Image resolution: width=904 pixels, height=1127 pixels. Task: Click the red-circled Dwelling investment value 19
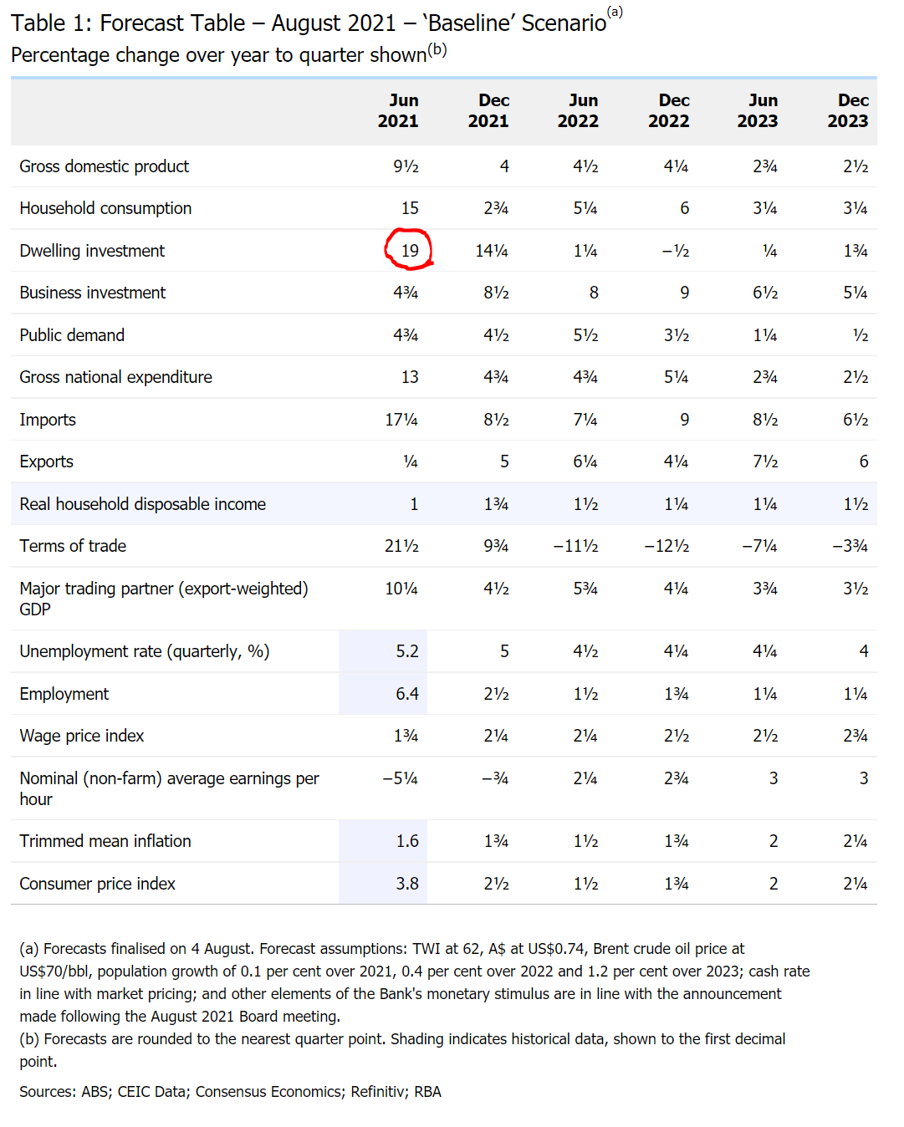click(x=409, y=251)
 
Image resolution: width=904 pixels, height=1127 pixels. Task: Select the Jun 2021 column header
click(x=398, y=110)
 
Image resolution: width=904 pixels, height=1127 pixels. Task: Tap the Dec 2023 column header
click(x=848, y=110)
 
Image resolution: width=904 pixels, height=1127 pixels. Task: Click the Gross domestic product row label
click(x=105, y=166)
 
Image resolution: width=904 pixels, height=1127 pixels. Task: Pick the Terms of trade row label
click(x=73, y=546)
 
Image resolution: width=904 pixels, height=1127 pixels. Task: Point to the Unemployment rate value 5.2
click(x=407, y=651)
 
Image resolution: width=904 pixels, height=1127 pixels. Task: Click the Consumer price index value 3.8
click(x=407, y=884)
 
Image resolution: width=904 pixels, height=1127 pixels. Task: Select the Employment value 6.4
click(x=407, y=694)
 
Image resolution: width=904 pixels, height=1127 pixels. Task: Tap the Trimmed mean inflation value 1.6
click(x=407, y=841)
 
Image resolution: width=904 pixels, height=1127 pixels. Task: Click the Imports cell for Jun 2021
click(x=401, y=420)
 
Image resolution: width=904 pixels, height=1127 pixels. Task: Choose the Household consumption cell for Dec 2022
click(x=684, y=208)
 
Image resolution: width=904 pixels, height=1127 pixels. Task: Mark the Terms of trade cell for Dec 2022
click(x=667, y=546)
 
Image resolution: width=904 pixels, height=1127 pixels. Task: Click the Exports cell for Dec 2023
click(x=863, y=462)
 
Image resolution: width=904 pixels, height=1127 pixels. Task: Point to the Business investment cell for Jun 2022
click(x=594, y=293)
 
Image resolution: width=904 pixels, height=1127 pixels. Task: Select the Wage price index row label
click(x=82, y=736)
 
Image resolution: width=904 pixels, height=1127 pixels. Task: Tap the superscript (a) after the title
click(x=615, y=12)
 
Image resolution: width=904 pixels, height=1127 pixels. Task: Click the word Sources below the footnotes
click(x=47, y=1092)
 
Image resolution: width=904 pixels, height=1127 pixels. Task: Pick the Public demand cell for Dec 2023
click(x=860, y=335)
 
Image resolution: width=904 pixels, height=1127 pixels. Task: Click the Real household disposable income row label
click(x=143, y=504)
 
